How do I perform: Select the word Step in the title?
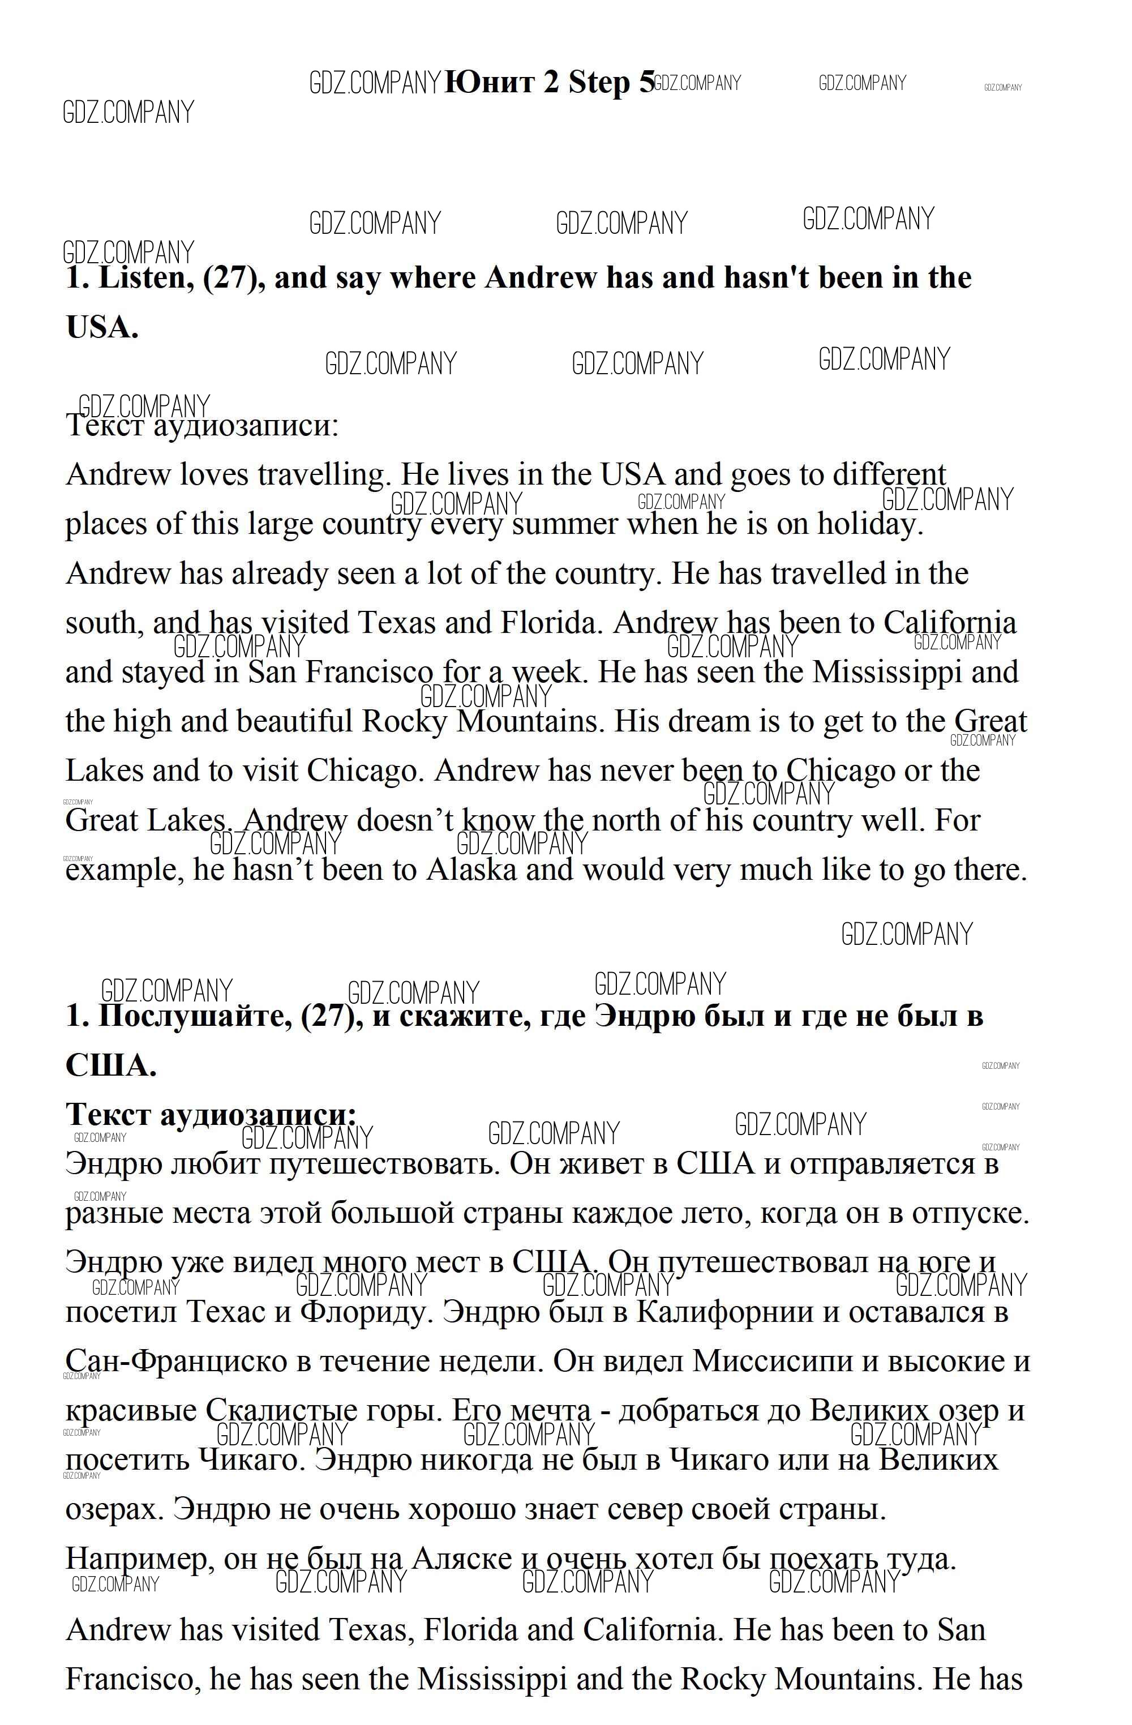point(599,82)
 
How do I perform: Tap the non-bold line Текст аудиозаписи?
point(202,426)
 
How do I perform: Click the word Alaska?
point(471,869)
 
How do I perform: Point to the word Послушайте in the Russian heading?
point(196,1016)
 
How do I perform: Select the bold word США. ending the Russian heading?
point(110,1065)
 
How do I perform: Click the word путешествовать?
point(384,1164)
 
